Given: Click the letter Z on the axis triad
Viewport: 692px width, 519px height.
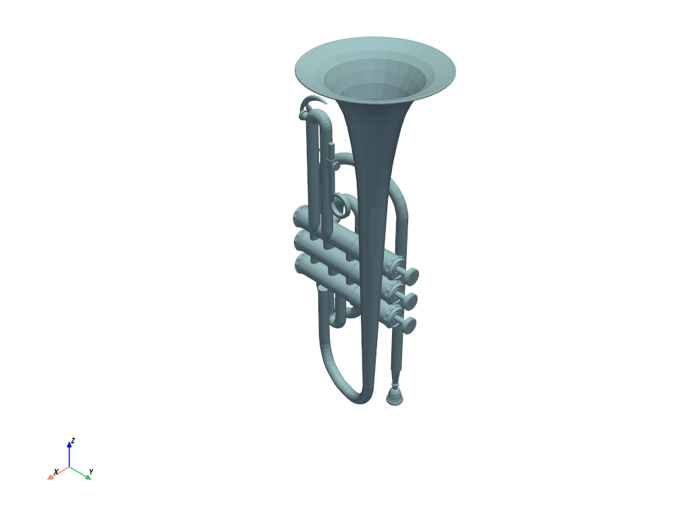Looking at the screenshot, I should click(73, 441).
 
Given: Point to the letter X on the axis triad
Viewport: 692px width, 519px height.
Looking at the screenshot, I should click(56, 471).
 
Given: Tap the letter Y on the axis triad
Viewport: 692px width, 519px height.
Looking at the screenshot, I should click(91, 471).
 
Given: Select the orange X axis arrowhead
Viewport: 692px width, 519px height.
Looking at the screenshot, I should click(51, 477).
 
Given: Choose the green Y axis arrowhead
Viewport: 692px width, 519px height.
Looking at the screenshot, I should click(88, 476).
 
